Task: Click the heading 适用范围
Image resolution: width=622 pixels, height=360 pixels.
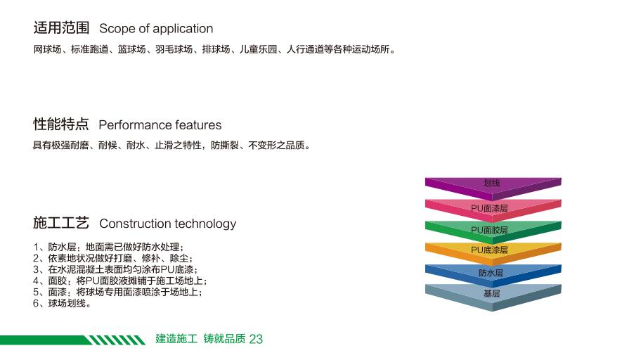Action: pyautogui.click(x=61, y=28)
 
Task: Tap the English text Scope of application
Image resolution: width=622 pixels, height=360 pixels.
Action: pyautogui.click(x=156, y=29)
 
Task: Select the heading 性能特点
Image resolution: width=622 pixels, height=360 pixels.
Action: pyautogui.click(x=61, y=124)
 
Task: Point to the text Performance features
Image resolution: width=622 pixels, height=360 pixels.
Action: pyautogui.click(x=160, y=125)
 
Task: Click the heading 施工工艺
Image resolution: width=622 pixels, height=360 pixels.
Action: pyautogui.click(x=61, y=223)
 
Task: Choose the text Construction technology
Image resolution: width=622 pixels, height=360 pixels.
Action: pyautogui.click(x=168, y=224)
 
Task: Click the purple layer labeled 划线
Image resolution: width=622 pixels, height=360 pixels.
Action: pyautogui.click(x=493, y=186)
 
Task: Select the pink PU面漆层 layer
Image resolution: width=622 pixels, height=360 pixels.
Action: pyautogui.click(x=493, y=210)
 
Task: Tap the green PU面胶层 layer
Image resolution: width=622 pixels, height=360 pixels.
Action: pyautogui.click(x=493, y=231)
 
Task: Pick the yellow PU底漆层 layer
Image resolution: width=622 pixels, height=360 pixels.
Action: pyautogui.click(x=493, y=253)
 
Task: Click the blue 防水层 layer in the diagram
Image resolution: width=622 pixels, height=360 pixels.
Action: pyautogui.click(x=493, y=275)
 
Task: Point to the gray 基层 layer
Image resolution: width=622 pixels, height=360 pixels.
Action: pyautogui.click(x=493, y=296)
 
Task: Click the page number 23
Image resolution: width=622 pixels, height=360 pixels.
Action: pyautogui.click(x=256, y=339)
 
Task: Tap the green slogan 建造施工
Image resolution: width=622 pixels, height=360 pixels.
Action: pyautogui.click(x=176, y=339)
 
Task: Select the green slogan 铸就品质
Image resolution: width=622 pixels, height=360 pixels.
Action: pyautogui.click(x=224, y=339)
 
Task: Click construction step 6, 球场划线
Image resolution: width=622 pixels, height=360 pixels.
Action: pyautogui.click(x=63, y=304)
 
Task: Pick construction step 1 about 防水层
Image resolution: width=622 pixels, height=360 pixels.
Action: pyautogui.click(x=109, y=247)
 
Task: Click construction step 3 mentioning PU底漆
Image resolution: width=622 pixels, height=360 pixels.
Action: pyautogui.click(x=115, y=269)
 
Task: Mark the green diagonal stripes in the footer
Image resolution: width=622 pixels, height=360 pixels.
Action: pyautogui.click(x=116, y=340)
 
